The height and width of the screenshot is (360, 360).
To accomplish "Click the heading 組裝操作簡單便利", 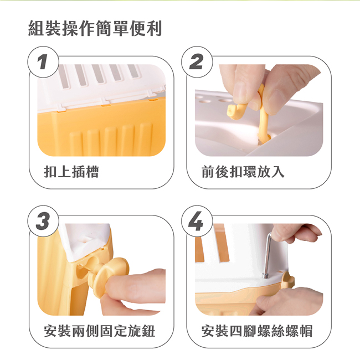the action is tap(95, 28).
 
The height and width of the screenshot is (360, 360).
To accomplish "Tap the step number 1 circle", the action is tap(43, 62).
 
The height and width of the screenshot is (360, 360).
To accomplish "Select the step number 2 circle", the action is tap(197, 62).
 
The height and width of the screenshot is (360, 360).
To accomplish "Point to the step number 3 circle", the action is tap(43, 221).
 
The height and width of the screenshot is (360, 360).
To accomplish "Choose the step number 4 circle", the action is tap(197, 221).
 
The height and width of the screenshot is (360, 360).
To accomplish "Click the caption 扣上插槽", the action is tap(71, 172).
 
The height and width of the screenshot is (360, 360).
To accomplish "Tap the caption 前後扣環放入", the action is tap(243, 172).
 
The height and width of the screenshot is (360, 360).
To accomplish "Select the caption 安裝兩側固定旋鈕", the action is tap(99, 331).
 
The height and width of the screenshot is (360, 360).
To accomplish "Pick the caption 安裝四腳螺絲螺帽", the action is tap(257, 331).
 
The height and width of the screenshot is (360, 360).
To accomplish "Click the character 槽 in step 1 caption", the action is tap(92, 172).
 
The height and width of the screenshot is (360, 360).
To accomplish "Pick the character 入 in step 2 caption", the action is tap(278, 172).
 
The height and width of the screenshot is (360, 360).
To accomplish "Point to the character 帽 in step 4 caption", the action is tap(306, 331).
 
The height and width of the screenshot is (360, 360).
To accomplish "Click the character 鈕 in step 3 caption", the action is tap(148, 331).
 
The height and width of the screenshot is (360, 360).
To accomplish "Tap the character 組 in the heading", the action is tap(36, 28).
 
